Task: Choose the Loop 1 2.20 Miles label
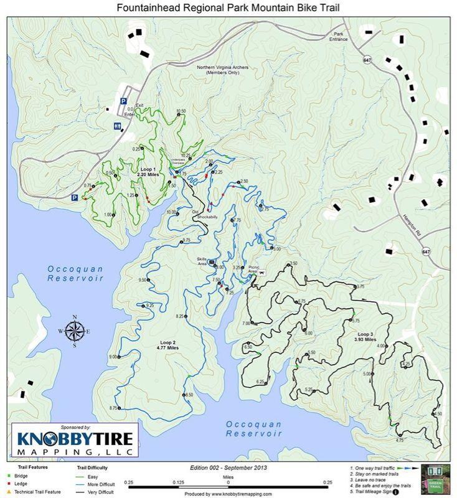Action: [x=148, y=172]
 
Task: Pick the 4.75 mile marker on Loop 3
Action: [x=400, y=439]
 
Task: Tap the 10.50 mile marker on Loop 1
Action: [x=181, y=111]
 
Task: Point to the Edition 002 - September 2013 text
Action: [x=228, y=467]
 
